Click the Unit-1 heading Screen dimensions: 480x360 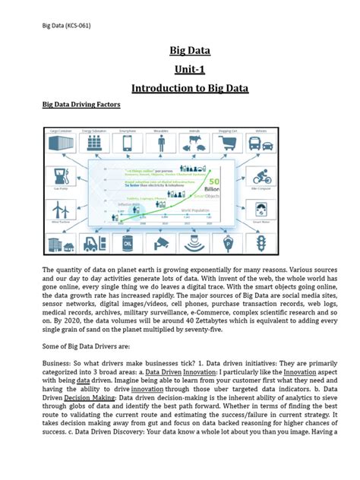pos(179,70)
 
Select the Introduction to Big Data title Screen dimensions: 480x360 pos(179,88)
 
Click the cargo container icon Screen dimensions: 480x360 pos(61,144)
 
